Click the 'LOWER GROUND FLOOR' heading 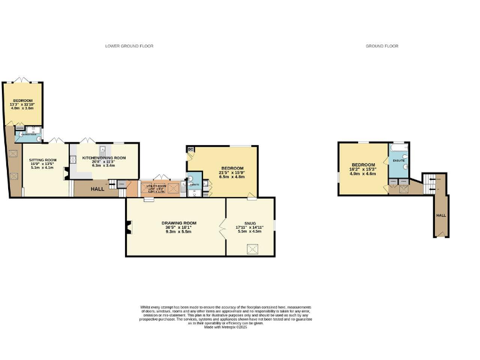coord(129,46)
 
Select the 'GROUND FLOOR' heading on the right coord(382,46)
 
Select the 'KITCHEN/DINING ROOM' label coord(104,157)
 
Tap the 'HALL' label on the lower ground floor coord(97,189)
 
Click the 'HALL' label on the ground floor coord(441,215)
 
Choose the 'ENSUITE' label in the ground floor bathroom coord(399,161)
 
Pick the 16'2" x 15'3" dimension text coord(363,169)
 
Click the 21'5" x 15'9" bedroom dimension coord(232,172)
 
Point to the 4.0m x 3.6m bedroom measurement coord(22,108)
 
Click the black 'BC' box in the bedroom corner coord(190,149)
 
